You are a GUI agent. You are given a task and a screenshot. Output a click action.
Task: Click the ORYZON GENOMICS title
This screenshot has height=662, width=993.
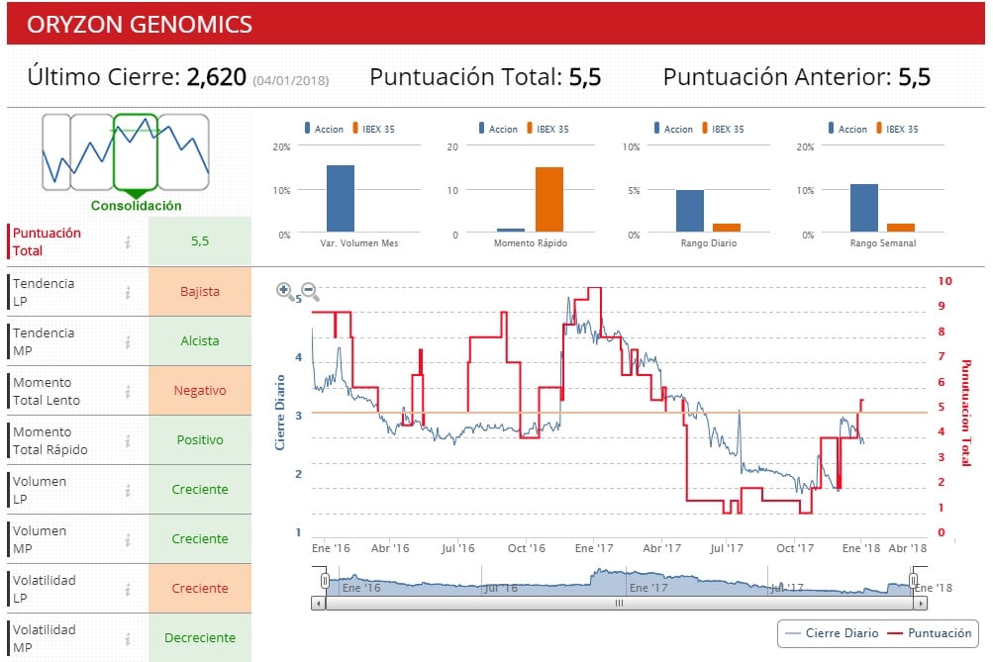coord(139,25)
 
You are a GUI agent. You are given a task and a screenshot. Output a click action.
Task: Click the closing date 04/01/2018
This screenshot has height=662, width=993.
coord(291,80)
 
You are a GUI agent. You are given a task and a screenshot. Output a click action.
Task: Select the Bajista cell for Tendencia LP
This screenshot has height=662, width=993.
coord(200,292)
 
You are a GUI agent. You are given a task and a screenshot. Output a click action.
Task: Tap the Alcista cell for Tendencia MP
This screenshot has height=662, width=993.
coord(200,341)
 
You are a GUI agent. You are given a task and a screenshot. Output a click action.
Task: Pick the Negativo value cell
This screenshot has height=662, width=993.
coord(200,391)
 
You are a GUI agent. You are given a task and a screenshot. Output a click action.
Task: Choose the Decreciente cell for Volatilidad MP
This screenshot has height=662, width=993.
coord(200,638)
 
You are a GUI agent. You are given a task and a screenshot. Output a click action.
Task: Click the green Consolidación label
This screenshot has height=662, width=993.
coord(136,206)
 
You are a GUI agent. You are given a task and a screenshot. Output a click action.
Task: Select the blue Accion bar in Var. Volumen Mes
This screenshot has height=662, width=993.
coord(341,199)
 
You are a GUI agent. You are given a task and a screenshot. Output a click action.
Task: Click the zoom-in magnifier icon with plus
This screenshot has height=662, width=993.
coord(285,291)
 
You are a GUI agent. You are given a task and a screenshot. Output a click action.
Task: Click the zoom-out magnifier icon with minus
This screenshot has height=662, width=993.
coord(310,292)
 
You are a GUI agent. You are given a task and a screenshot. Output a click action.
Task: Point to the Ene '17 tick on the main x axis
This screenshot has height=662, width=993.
coord(594,547)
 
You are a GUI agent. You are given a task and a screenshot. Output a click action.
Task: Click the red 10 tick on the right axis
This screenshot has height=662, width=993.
coord(944,281)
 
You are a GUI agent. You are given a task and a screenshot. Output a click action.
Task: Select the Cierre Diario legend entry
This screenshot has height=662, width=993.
coord(831,633)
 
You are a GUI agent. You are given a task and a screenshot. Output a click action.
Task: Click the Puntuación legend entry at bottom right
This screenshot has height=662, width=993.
coord(931,633)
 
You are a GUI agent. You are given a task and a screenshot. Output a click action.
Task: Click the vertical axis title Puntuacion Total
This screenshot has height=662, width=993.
coord(967,413)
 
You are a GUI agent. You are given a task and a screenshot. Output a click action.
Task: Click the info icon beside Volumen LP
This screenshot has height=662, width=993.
coord(128,490)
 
